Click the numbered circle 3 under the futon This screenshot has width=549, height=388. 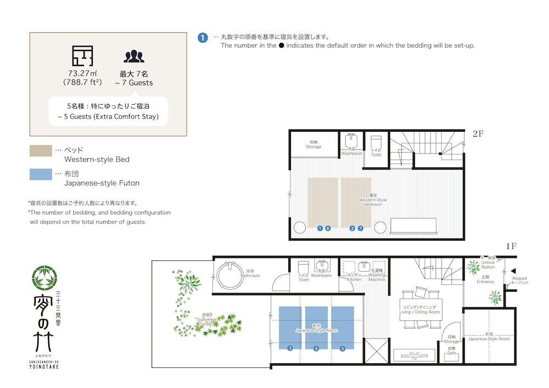(x=290, y=348)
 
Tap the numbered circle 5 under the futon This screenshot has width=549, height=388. (x=343, y=348)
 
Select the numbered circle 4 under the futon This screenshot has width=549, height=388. (x=316, y=348)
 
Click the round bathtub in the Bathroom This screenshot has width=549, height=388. (x=230, y=274)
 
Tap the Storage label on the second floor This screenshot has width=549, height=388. (x=313, y=144)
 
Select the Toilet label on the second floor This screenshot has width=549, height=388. (x=376, y=153)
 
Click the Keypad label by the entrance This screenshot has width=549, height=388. (x=519, y=280)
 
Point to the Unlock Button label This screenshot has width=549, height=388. (x=488, y=264)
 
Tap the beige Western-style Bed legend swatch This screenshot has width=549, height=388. (x=41, y=150)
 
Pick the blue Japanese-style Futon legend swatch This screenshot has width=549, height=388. (x=41, y=174)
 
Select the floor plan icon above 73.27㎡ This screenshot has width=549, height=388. (x=82, y=56)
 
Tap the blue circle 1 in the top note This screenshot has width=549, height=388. (x=203, y=38)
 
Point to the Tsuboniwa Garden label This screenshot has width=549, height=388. (x=204, y=321)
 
